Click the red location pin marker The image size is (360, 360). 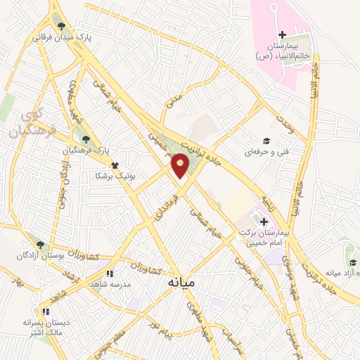point(181,166)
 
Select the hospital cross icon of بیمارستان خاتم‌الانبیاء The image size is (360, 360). point(283,35)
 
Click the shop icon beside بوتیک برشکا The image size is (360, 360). point(115,165)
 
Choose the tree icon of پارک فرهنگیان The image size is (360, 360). point(86,139)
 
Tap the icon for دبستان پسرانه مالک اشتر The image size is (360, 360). point(46,311)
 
